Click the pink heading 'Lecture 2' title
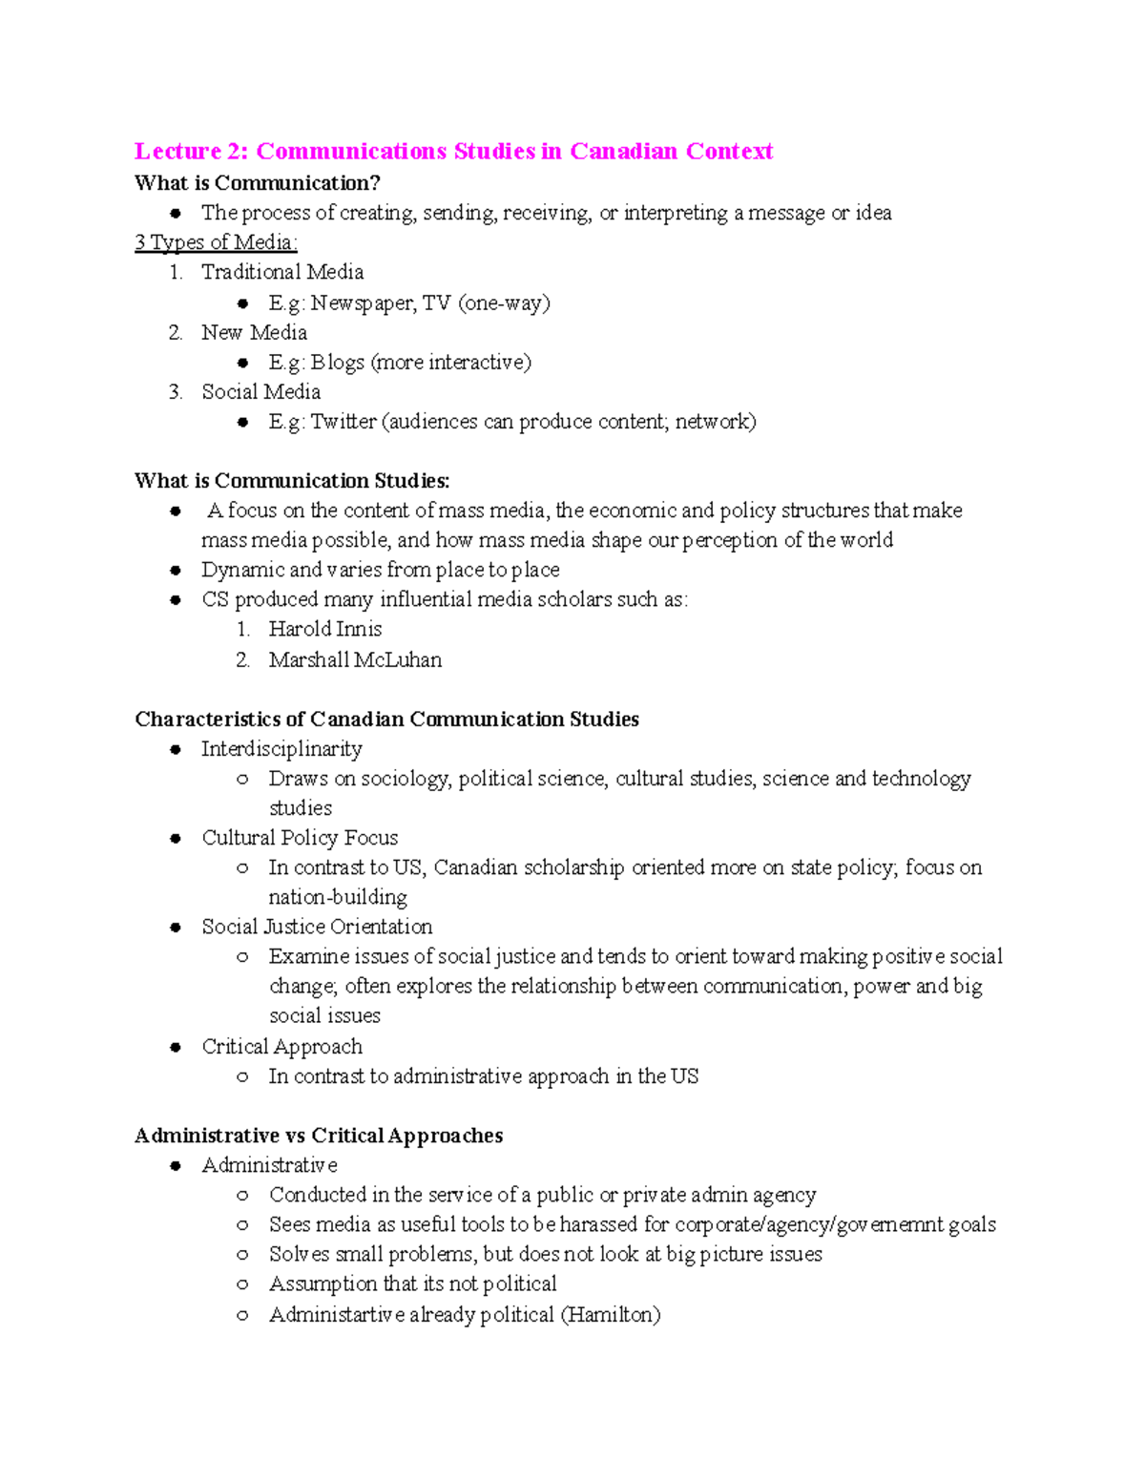point(453,152)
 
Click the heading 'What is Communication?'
point(258,183)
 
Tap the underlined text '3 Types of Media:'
point(216,242)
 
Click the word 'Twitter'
point(343,422)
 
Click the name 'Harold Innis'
point(325,630)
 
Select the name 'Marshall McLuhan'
point(355,660)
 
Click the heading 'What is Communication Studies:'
point(292,481)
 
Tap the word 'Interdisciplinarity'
point(281,749)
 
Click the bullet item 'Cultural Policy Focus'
point(300,838)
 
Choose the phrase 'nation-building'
point(338,898)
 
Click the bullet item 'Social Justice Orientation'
point(317,928)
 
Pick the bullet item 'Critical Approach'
point(281,1047)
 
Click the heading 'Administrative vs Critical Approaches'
point(319,1136)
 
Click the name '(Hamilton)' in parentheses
point(611,1315)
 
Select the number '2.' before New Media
point(175,333)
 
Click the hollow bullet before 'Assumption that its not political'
point(242,1284)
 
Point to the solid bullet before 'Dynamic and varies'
point(176,571)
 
